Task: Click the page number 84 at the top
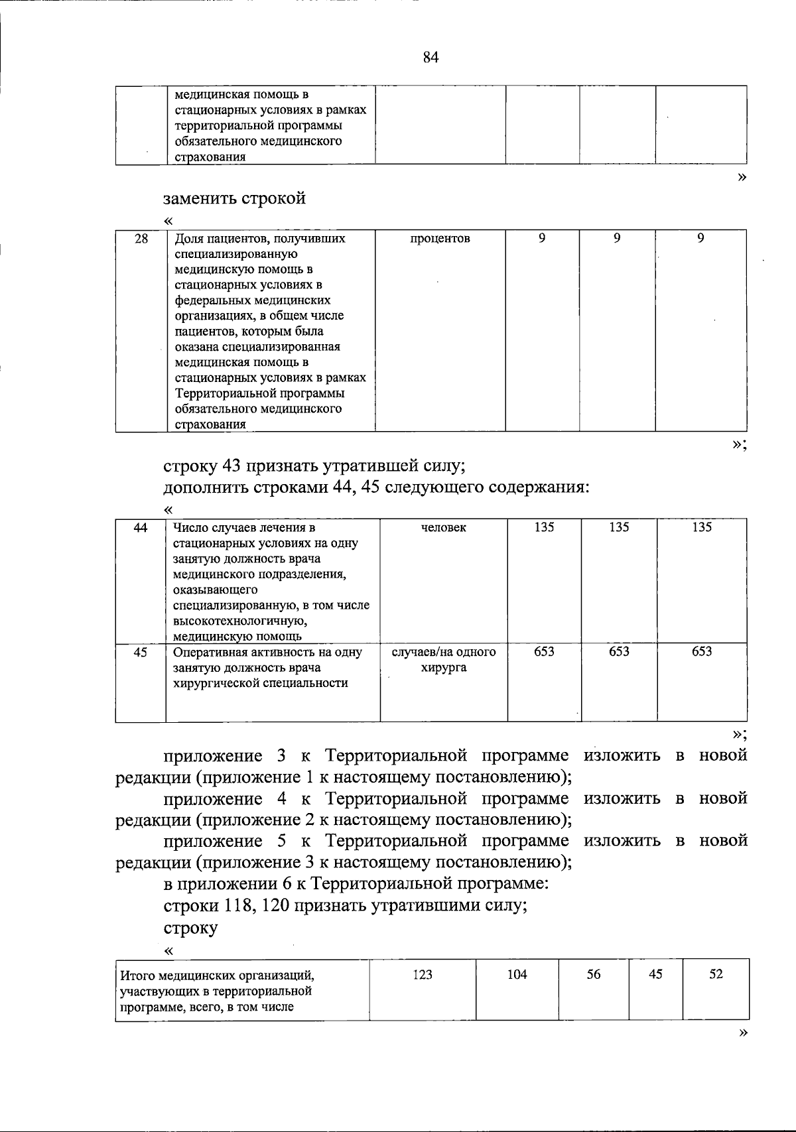pos(431,58)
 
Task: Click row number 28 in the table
pos(141,239)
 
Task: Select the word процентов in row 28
pos(440,239)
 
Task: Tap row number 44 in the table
pos(141,528)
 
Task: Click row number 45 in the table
pos(141,652)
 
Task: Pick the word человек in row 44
pos(443,528)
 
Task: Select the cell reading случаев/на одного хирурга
pos(444,660)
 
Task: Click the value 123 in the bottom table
pos(423,974)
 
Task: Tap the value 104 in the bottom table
pos(517,974)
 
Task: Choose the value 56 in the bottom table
pos(594,974)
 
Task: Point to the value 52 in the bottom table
pos(716,974)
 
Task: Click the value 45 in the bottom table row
pos(655,974)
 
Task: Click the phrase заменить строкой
pos(234,198)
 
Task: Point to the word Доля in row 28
pos(188,239)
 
